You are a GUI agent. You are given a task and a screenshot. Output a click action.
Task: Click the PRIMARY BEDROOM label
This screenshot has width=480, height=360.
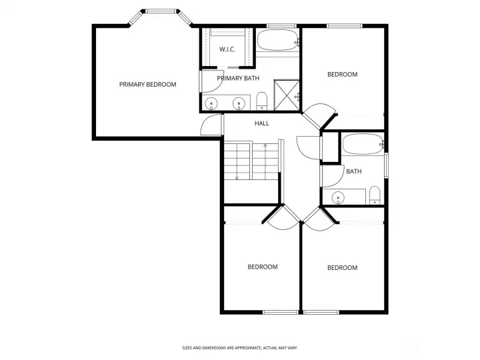(147, 85)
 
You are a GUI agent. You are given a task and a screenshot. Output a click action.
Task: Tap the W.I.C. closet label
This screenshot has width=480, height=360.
(227, 49)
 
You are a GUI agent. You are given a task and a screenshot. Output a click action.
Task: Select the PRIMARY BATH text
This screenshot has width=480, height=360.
(238, 79)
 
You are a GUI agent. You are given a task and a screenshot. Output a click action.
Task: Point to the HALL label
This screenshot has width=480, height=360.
(262, 123)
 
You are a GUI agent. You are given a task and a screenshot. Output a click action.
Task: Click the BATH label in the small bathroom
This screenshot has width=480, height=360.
(354, 171)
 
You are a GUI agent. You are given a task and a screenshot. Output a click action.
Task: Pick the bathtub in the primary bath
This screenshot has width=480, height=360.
(277, 40)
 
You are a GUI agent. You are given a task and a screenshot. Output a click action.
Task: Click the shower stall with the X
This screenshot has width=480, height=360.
(287, 95)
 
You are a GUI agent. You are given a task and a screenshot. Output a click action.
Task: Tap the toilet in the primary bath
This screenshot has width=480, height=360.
(262, 101)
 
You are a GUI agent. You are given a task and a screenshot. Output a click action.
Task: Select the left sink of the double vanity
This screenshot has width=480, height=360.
(211, 103)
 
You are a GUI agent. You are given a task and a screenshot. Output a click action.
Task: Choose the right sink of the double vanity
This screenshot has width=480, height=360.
(239, 103)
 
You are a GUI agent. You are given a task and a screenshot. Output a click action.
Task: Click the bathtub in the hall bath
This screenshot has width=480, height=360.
(363, 144)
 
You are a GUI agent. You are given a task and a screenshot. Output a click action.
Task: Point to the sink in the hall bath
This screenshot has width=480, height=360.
(338, 197)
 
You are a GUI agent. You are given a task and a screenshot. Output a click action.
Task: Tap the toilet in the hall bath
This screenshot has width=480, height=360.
(375, 195)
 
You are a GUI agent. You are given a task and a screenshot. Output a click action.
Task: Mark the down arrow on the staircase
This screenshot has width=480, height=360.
(237, 161)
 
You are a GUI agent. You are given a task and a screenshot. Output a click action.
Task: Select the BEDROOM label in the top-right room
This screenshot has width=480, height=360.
(342, 75)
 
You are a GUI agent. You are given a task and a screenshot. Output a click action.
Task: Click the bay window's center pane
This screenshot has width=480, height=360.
(161, 11)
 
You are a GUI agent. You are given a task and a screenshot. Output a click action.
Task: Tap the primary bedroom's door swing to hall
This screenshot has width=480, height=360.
(210, 125)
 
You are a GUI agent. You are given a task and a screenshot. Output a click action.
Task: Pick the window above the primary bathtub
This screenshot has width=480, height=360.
(281, 26)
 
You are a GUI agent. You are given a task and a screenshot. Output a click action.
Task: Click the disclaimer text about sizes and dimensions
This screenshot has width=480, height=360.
(240, 348)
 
